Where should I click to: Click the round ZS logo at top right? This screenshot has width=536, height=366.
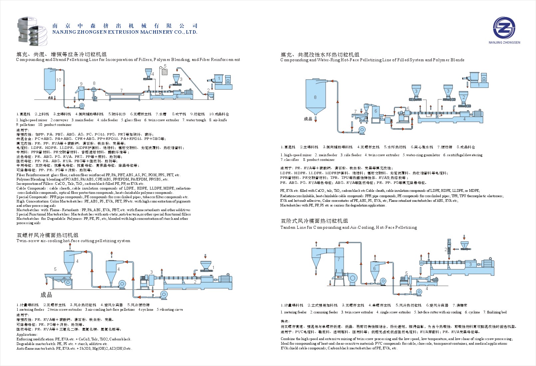(x=504, y=28)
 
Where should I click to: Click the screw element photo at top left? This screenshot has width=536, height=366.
(x=32, y=31)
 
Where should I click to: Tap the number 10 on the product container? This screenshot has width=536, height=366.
(x=59, y=80)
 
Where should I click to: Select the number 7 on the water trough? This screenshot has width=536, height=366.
(x=122, y=91)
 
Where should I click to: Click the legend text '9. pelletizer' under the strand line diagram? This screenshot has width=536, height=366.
(x=26, y=125)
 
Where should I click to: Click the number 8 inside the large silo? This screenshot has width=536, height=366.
(x=315, y=98)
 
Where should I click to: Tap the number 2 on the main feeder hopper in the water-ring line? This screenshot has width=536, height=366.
(x=463, y=98)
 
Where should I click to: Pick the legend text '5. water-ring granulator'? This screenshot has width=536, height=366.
(x=421, y=155)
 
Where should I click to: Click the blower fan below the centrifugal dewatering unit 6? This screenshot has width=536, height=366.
(x=362, y=130)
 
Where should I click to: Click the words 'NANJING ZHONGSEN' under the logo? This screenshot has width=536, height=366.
(x=504, y=43)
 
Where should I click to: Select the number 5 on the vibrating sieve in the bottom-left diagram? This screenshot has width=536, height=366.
(x=55, y=269)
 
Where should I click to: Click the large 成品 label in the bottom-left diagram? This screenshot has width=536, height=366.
(x=46, y=295)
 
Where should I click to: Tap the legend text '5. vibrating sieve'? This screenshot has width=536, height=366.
(x=170, y=310)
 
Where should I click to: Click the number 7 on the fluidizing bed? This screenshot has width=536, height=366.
(x=339, y=259)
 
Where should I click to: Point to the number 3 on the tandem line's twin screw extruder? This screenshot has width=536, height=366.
(x=470, y=264)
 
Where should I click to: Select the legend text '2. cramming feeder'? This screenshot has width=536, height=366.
(x=324, y=312)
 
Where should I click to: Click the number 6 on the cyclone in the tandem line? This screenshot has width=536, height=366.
(x=374, y=268)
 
